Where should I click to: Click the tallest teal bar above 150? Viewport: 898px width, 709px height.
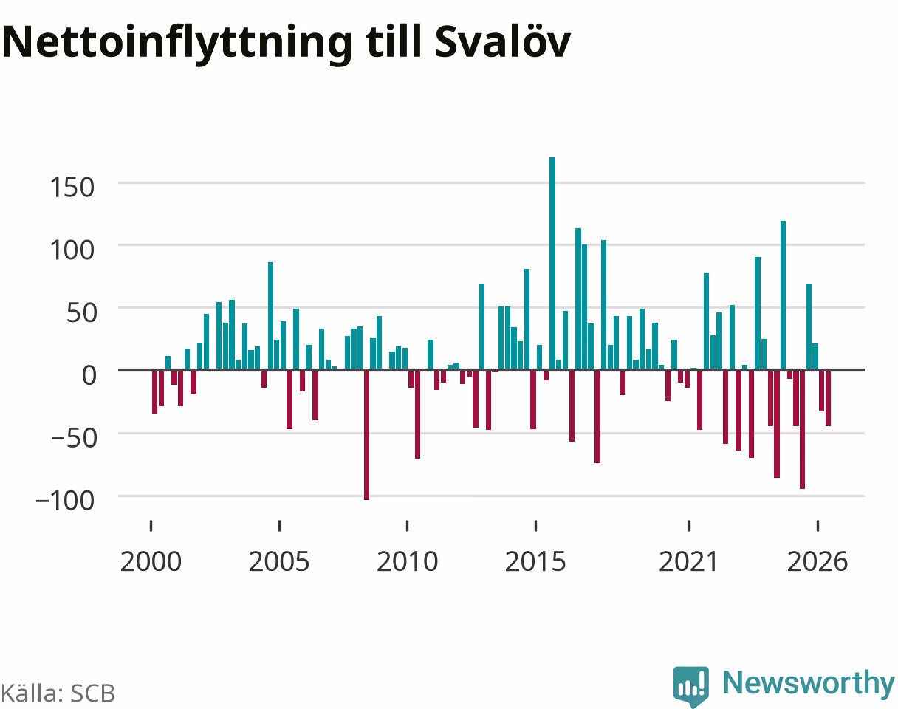[x=552, y=264]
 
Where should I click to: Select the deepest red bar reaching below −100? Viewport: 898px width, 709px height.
[x=366, y=435]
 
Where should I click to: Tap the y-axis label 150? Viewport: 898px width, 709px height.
[x=72, y=188]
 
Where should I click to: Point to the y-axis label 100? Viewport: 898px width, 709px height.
[x=72, y=250]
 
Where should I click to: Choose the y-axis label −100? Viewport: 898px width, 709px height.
[x=66, y=500]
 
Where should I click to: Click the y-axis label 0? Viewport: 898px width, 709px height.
[x=89, y=375]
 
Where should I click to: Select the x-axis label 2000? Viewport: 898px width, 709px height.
[x=151, y=562]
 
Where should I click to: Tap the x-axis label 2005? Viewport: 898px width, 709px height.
[x=279, y=562]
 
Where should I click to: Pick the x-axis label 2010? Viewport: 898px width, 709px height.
[x=407, y=562]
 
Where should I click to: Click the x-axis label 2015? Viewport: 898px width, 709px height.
[x=536, y=562]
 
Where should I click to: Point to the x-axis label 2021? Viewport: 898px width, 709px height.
[x=689, y=562]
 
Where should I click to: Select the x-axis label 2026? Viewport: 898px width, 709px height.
[x=818, y=562]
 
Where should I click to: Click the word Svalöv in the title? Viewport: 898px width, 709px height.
[x=502, y=41]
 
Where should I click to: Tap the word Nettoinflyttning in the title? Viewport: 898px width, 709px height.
[x=177, y=44]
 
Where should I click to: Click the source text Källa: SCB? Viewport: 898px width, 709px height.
[x=58, y=693]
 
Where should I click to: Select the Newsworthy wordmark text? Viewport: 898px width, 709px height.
[x=809, y=682]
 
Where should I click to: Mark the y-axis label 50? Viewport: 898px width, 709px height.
[x=81, y=312]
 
